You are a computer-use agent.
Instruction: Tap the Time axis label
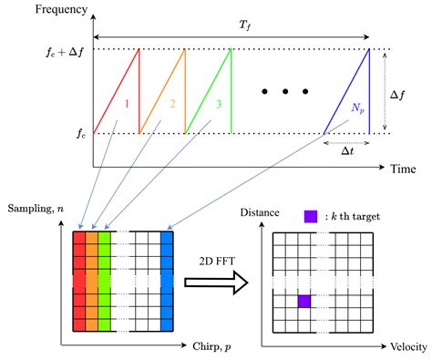[x=403, y=170]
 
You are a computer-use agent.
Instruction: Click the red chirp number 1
[x=127, y=103]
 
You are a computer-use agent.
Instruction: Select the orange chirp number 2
[x=172, y=103]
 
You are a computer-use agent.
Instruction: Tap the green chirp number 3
[x=218, y=103]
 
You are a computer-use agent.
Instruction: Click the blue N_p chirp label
[x=356, y=108]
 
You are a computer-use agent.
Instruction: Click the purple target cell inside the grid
[x=303, y=301]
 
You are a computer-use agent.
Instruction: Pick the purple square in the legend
[x=311, y=217]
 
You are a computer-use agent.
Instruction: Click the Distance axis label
[x=259, y=212]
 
